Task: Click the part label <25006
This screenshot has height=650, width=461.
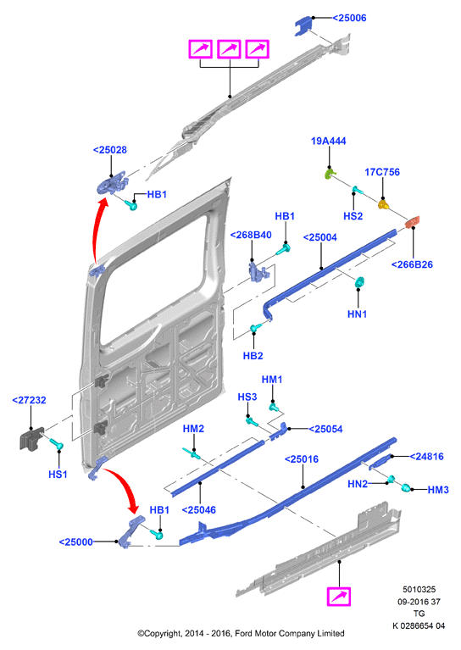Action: point(349,18)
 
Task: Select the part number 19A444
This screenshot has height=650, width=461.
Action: point(328,141)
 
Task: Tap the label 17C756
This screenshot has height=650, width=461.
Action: point(382,172)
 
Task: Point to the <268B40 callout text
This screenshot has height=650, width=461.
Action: point(251,235)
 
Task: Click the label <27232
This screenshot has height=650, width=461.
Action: point(29,400)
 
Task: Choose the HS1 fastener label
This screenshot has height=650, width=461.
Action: point(58,475)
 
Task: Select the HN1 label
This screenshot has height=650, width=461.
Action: point(357,314)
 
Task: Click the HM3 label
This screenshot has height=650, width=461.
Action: point(438,490)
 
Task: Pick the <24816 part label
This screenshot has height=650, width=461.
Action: point(426,457)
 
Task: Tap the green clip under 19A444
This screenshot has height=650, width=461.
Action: point(329,173)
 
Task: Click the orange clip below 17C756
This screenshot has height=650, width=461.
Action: point(384,204)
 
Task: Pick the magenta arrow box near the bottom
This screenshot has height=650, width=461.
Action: point(339,597)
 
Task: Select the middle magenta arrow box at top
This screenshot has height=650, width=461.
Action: point(230,49)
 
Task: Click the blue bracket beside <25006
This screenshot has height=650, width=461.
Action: point(303,25)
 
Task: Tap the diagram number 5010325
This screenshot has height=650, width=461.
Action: point(419,589)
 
